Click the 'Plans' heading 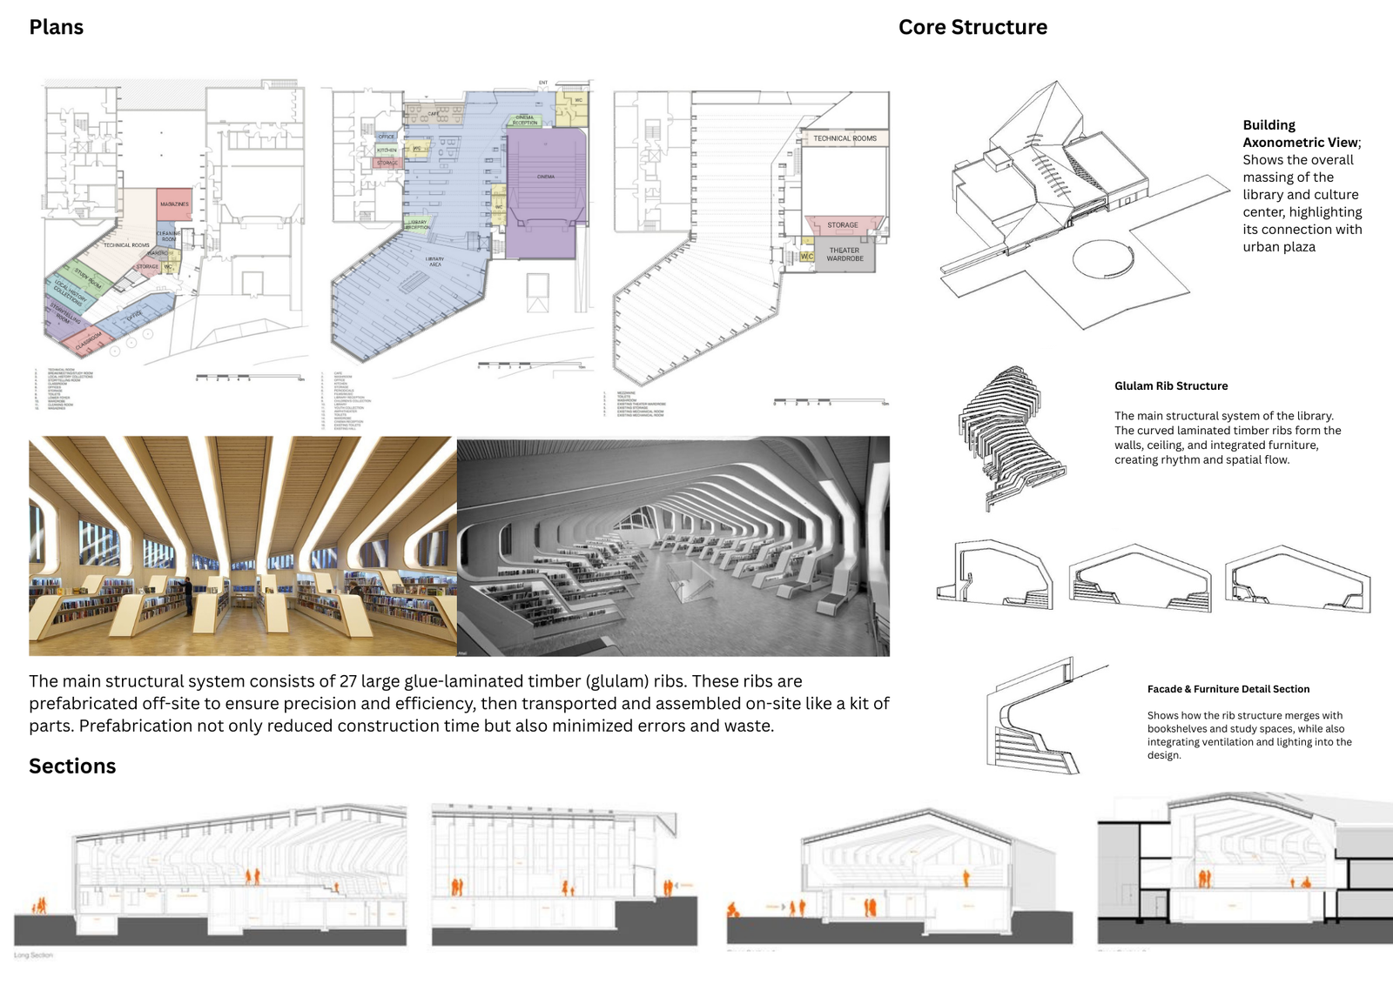point(56,27)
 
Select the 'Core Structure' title point(972,27)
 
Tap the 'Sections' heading point(72,766)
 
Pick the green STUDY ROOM point(88,278)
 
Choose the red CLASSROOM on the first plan point(90,339)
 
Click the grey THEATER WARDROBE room point(845,256)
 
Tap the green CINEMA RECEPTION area point(525,119)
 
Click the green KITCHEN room point(387,151)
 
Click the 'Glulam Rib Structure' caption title point(1171,386)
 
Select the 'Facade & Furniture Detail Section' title point(1228,689)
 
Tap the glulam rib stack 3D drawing point(1010,435)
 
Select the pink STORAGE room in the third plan point(843,224)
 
